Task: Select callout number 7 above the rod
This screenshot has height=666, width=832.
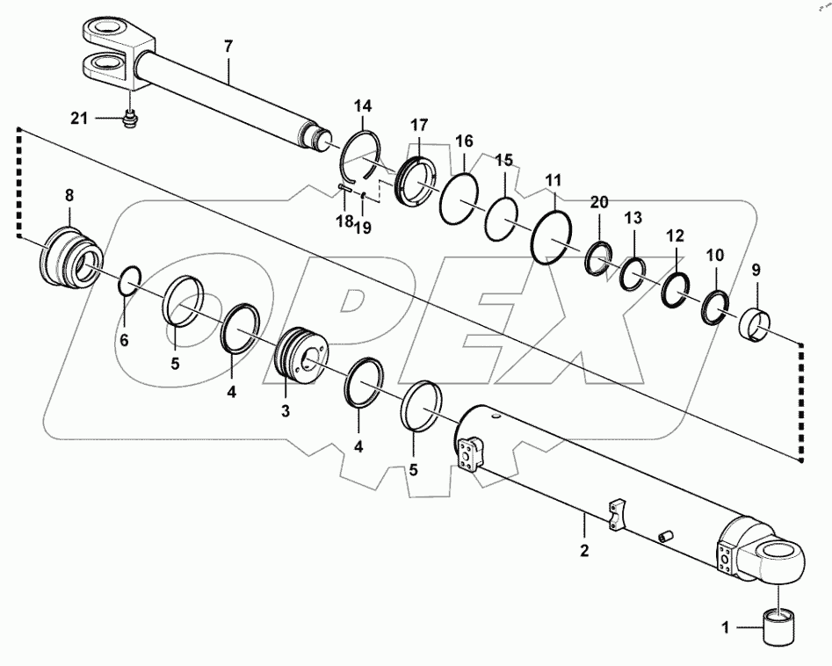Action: point(228,47)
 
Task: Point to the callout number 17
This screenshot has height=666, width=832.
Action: point(418,124)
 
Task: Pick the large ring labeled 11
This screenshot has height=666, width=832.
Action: point(553,236)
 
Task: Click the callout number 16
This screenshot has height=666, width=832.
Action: point(464,141)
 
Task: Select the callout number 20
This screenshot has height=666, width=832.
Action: point(598,202)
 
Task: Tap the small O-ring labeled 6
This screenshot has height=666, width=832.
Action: point(128,280)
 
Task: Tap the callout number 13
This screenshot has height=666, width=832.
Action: point(633,218)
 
